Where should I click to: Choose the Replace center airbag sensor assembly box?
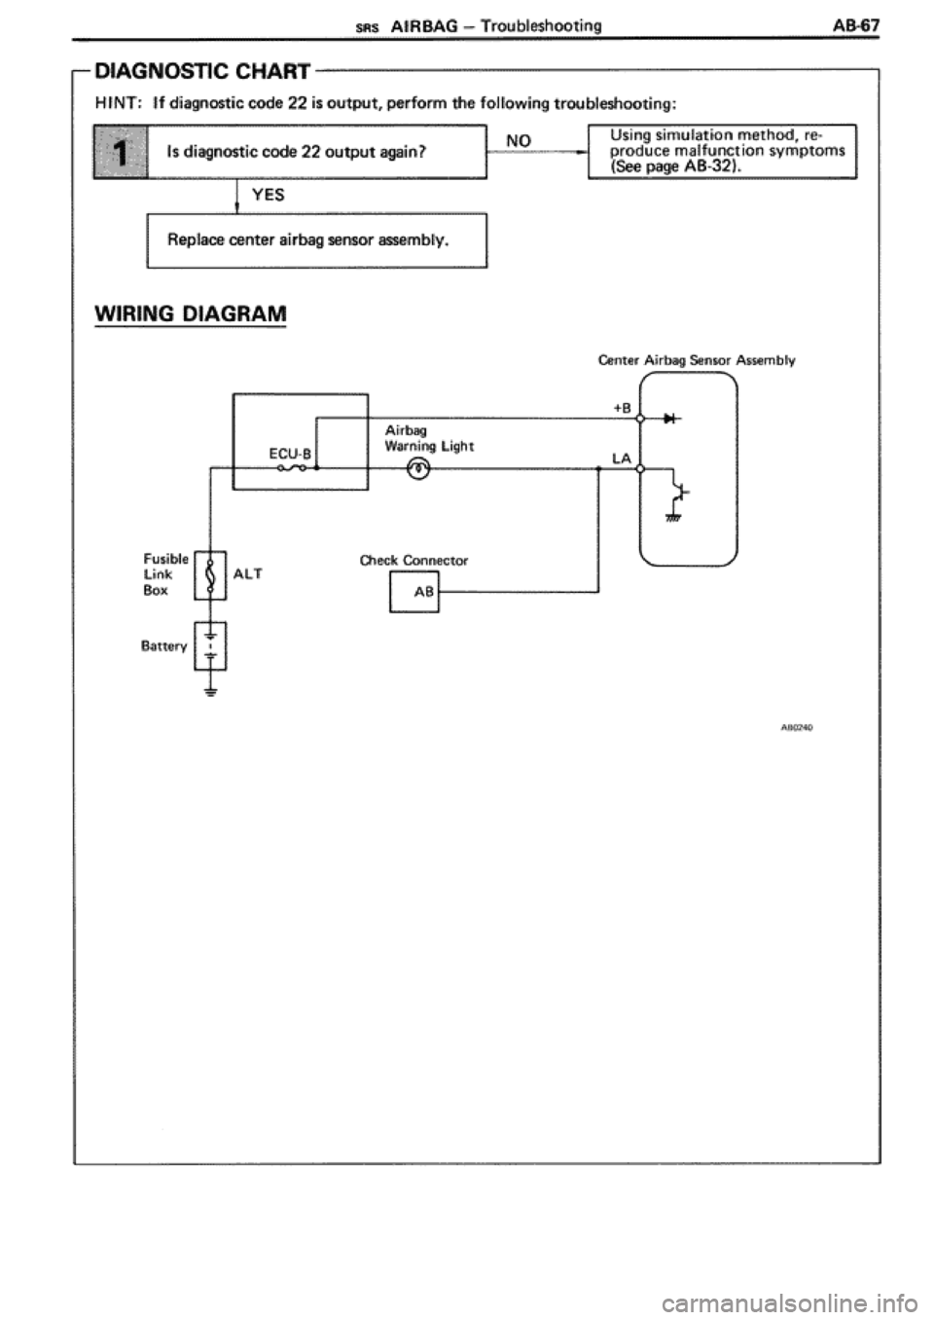pyautogui.click(x=315, y=238)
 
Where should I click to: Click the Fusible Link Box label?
pyautogui.click(x=160, y=574)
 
